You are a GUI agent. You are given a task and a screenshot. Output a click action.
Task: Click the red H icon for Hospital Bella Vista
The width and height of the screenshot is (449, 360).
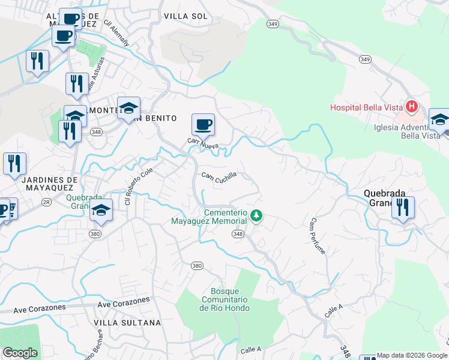point(412,107)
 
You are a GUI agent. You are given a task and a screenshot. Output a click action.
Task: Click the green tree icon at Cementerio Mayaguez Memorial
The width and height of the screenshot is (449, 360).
point(256,215)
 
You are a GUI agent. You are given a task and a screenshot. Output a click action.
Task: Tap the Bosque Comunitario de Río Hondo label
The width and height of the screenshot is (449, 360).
point(224,299)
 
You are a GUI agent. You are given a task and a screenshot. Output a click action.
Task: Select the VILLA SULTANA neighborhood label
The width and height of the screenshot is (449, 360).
point(127,323)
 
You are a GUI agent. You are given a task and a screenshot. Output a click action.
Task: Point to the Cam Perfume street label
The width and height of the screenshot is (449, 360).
point(317,236)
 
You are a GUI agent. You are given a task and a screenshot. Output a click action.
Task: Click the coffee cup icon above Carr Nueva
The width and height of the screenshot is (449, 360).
point(203,124)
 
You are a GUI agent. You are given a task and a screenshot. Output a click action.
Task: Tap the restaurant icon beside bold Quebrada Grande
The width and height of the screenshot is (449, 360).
point(403,207)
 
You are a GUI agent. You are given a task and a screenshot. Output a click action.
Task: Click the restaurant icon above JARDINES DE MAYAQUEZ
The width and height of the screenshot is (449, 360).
point(14,163)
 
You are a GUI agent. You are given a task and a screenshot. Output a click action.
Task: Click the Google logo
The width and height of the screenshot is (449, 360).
point(20,352)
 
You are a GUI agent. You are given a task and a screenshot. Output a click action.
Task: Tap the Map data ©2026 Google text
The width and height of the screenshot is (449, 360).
point(411,355)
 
